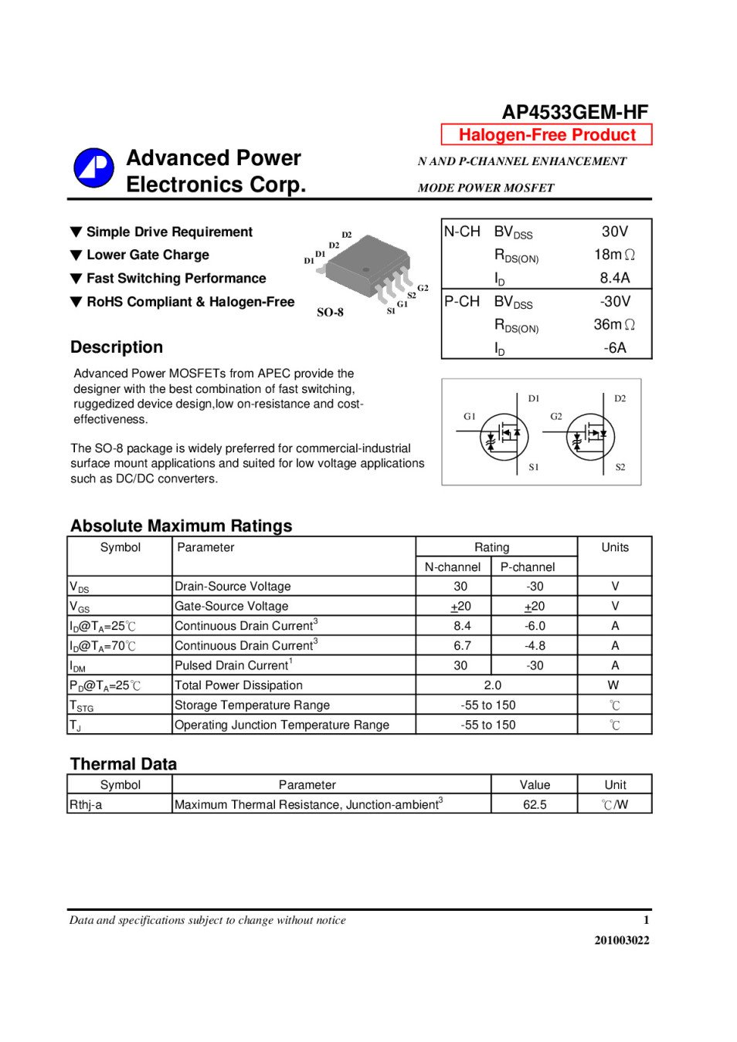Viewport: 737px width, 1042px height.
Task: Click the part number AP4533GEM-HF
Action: (575, 112)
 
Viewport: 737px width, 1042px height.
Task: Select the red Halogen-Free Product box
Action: (546, 134)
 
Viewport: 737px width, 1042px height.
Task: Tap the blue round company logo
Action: (93, 168)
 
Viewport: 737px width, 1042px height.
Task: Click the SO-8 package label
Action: (330, 313)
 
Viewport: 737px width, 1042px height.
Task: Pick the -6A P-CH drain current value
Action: (615, 348)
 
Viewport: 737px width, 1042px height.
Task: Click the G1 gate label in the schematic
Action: (470, 416)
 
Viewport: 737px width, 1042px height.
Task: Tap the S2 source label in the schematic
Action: (620, 467)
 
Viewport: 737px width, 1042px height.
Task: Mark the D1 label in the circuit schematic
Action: (534, 398)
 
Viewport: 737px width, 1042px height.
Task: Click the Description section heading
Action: (117, 347)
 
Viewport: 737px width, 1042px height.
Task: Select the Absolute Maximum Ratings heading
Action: (182, 526)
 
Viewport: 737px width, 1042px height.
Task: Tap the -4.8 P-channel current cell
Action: (535, 645)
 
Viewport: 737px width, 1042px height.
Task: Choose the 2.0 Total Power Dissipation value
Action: (492, 685)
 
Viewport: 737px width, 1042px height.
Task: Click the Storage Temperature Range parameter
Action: (252, 705)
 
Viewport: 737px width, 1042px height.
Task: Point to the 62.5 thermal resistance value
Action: (535, 804)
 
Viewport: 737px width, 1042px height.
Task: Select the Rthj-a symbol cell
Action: (86, 804)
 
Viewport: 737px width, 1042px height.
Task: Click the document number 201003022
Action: (621, 940)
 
